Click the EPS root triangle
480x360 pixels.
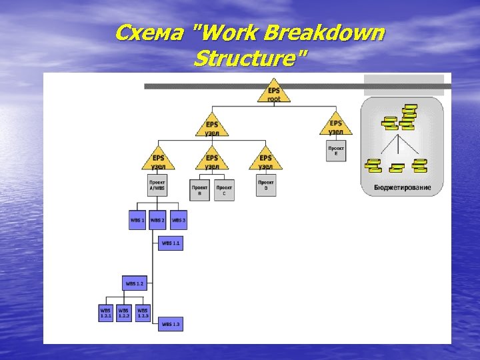[x=274, y=93]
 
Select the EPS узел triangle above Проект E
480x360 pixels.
[x=336, y=125]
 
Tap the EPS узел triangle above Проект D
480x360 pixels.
[x=265, y=160]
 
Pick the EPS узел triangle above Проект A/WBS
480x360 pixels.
[x=158, y=160]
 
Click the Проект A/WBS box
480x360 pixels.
[x=157, y=185]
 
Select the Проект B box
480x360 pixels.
[x=199, y=190]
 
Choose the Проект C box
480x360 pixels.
[x=224, y=190]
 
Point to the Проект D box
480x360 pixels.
[x=266, y=185]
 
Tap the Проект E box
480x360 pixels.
[x=336, y=151]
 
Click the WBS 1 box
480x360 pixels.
[x=137, y=220]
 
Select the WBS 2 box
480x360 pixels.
[x=158, y=220]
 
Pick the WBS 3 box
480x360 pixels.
[x=179, y=220]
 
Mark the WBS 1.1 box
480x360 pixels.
[x=171, y=243]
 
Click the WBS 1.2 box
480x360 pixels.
[x=135, y=283]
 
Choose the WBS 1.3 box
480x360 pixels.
[x=171, y=324]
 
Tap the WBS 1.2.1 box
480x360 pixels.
[x=106, y=312]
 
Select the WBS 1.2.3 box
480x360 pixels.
[x=143, y=312]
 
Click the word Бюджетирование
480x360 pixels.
[x=402, y=187]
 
